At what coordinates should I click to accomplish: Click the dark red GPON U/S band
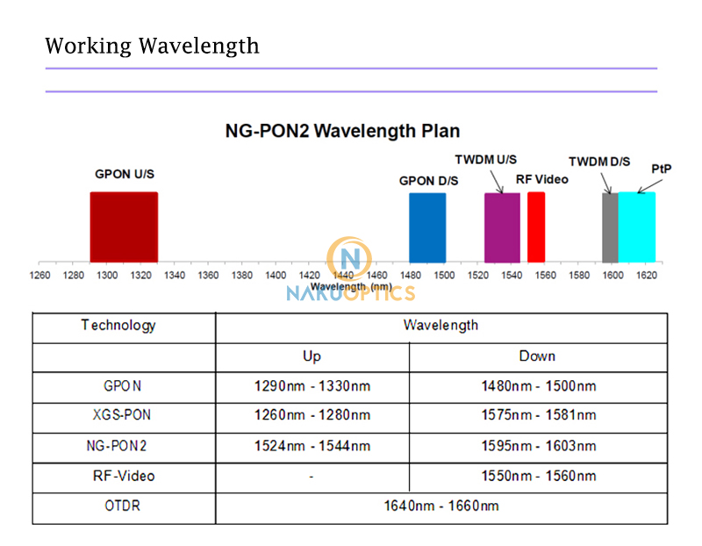point(124,226)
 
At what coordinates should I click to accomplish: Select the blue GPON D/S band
point(427,226)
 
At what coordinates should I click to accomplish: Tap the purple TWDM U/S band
point(502,226)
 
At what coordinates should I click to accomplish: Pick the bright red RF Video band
point(536,226)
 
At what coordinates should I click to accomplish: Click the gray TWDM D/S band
point(610,226)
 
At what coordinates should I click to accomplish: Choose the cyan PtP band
point(637,226)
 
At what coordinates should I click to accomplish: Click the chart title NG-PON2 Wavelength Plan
point(342,132)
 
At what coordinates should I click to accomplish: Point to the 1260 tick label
point(39,275)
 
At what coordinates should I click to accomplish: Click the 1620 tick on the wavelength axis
point(646,275)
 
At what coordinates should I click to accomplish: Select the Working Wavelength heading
point(152,45)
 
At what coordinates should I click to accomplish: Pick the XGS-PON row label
point(123,415)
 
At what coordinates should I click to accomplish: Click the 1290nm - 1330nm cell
point(312,385)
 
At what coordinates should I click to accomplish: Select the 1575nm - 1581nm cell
point(538,415)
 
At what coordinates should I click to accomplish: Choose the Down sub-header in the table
point(537,356)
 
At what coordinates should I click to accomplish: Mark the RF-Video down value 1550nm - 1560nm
point(538,476)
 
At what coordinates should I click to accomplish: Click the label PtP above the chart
point(662,169)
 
